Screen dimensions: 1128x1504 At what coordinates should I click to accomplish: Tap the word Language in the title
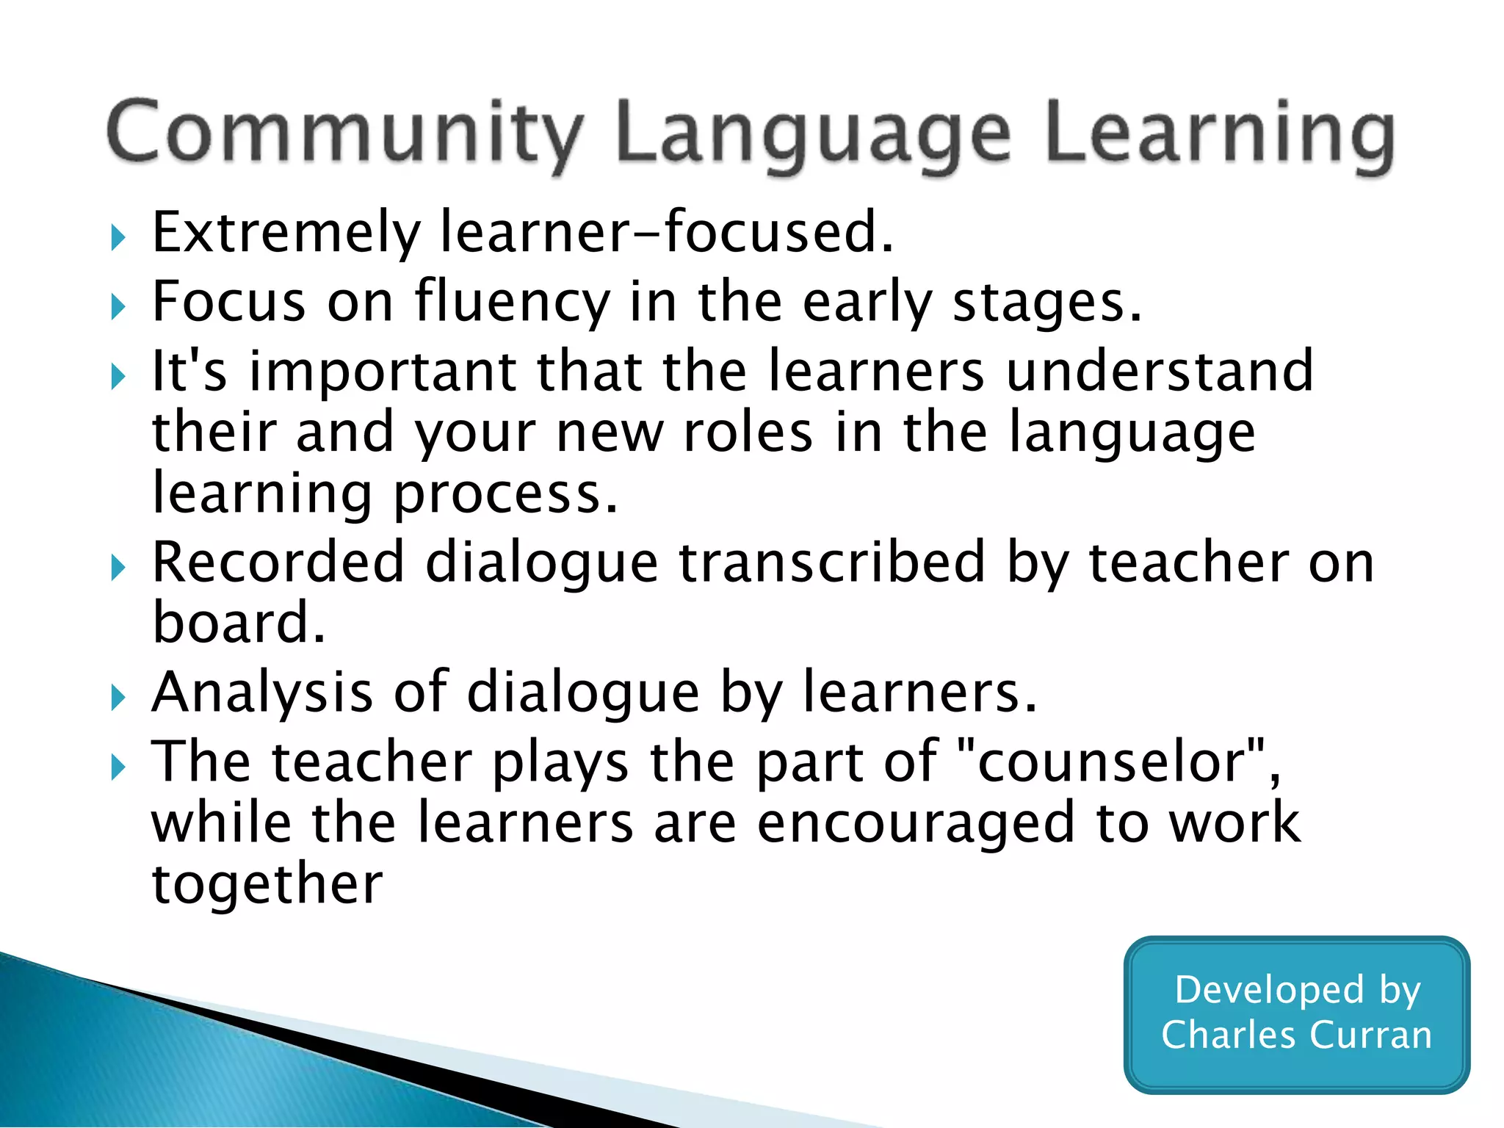(814, 137)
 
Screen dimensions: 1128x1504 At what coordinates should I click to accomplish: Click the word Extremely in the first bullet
(286, 234)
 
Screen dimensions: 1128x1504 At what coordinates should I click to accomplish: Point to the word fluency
(512, 303)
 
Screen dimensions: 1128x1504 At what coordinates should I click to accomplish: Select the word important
(383, 371)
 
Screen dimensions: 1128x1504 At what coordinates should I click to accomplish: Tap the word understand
(1160, 371)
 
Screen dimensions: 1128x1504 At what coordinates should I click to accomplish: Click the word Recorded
(278, 563)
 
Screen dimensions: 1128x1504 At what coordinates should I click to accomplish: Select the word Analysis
(262, 693)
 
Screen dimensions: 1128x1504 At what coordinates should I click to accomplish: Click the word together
(267, 884)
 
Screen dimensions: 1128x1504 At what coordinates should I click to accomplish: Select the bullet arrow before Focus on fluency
(118, 306)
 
